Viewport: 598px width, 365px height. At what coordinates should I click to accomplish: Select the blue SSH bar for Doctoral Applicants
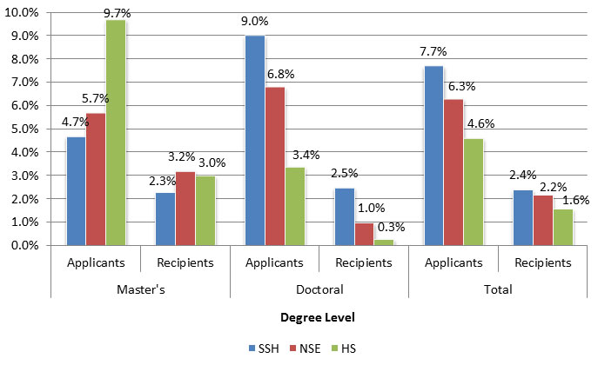(x=254, y=140)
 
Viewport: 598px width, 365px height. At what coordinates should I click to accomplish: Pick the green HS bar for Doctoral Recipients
(x=384, y=242)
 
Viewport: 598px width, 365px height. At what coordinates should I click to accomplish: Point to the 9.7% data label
(x=117, y=12)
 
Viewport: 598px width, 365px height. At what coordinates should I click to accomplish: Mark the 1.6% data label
(x=575, y=200)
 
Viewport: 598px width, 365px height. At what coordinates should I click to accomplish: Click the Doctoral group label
(x=319, y=289)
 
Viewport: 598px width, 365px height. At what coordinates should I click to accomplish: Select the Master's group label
(x=141, y=289)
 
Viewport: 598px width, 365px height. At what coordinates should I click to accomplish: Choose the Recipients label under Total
(x=543, y=262)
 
